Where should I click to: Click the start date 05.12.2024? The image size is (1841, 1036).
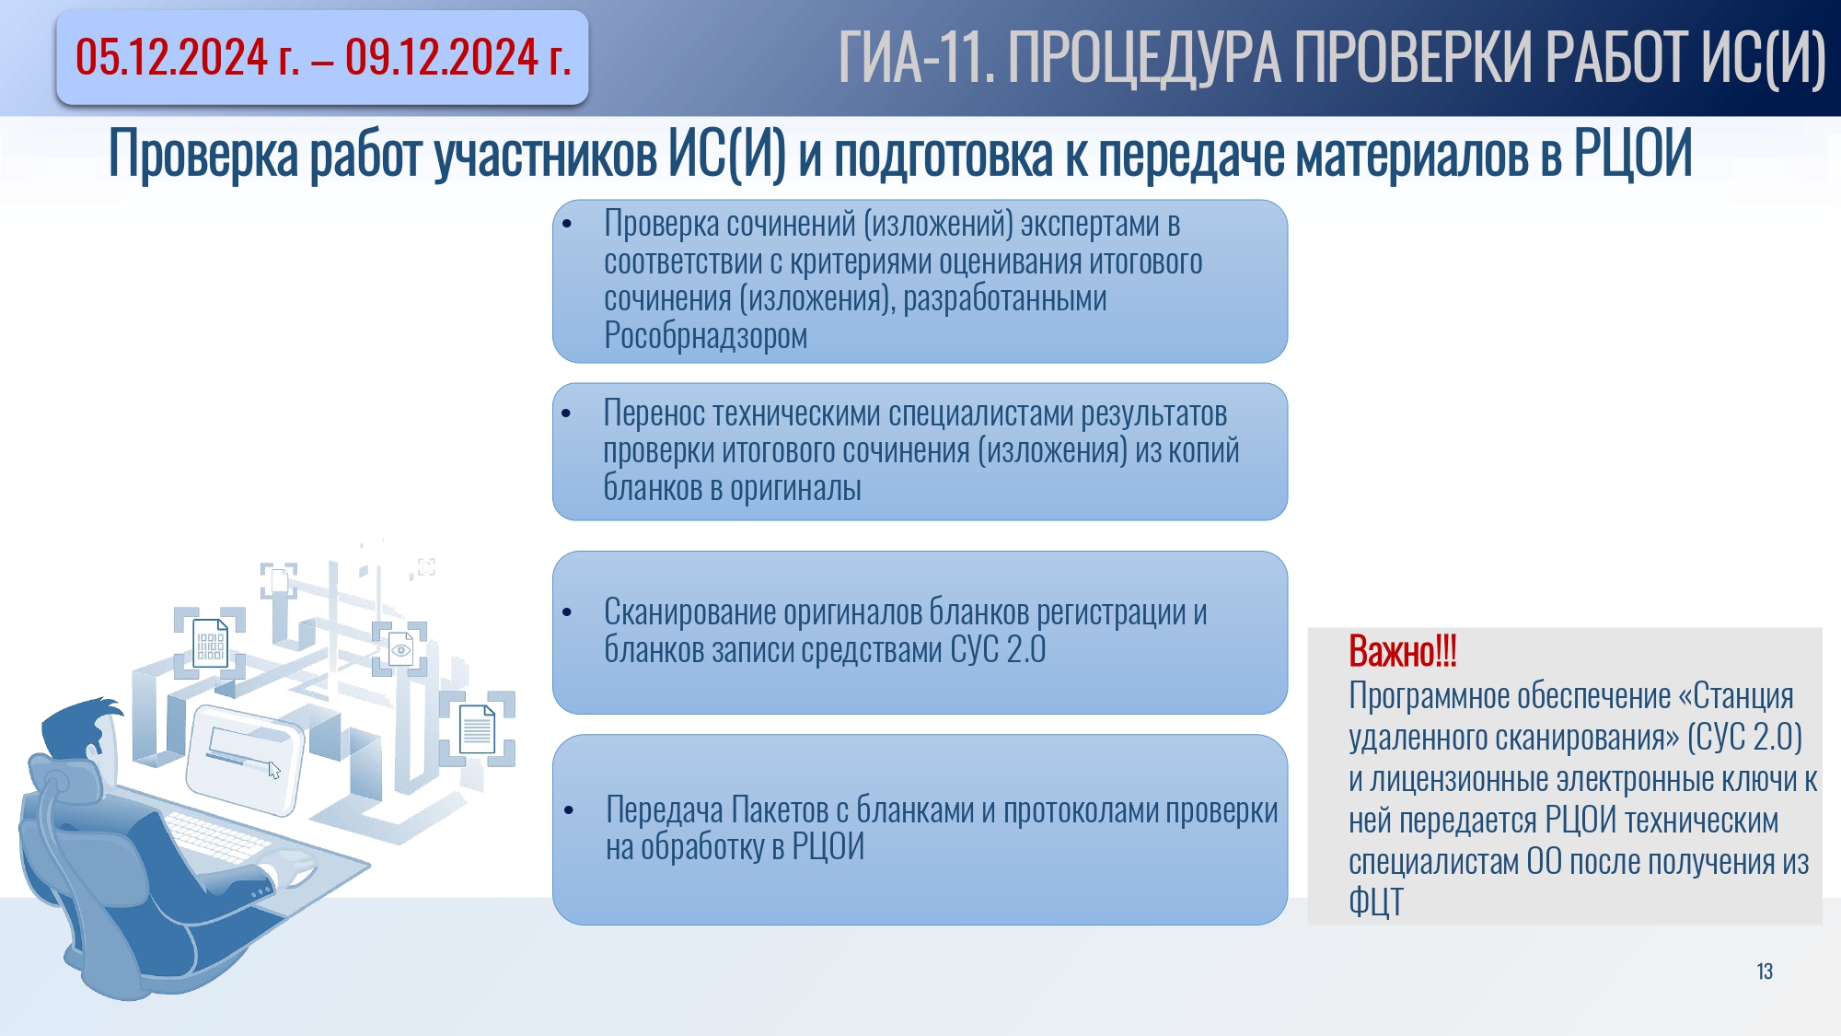(171, 57)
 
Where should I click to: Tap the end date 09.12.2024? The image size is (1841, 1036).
(442, 57)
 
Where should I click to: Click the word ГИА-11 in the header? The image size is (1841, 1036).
(917, 58)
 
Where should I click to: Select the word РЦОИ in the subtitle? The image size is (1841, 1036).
(1632, 153)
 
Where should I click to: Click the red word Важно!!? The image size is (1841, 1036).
(1403, 651)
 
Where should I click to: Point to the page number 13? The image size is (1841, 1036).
(1765, 972)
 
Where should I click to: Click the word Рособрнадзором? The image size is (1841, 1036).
(705, 336)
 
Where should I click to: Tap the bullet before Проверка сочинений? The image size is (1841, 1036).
(567, 224)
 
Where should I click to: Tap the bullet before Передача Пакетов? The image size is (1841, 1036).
(569, 810)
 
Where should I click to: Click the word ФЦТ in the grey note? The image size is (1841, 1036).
(1376, 902)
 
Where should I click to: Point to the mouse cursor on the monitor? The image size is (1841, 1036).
(274, 771)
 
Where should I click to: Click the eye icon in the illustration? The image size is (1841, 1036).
(401, 650)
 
